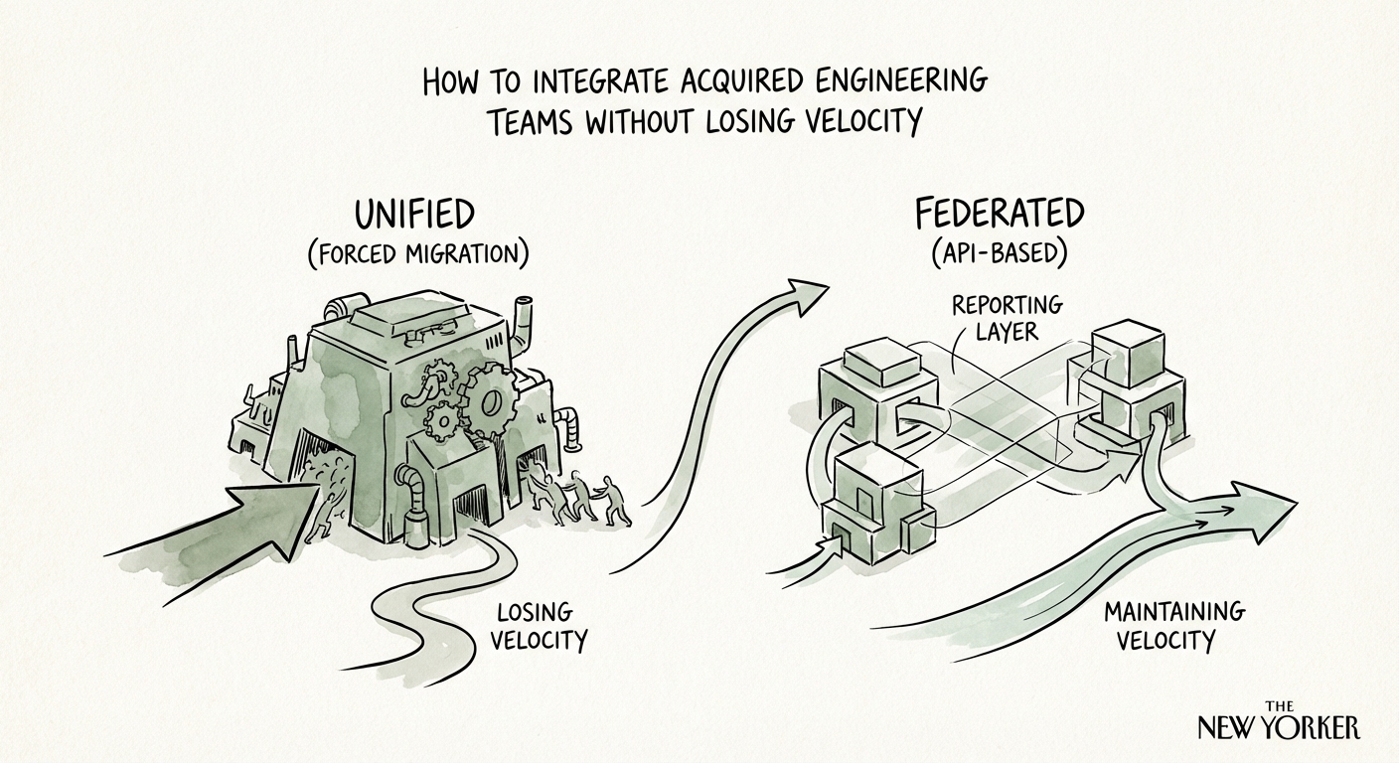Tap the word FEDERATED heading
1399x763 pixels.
[1000, 216]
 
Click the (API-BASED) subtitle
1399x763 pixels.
[1000, 253]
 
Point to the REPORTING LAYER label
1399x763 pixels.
[1007, 317]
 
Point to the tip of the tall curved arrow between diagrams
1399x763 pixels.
[810, 289]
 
